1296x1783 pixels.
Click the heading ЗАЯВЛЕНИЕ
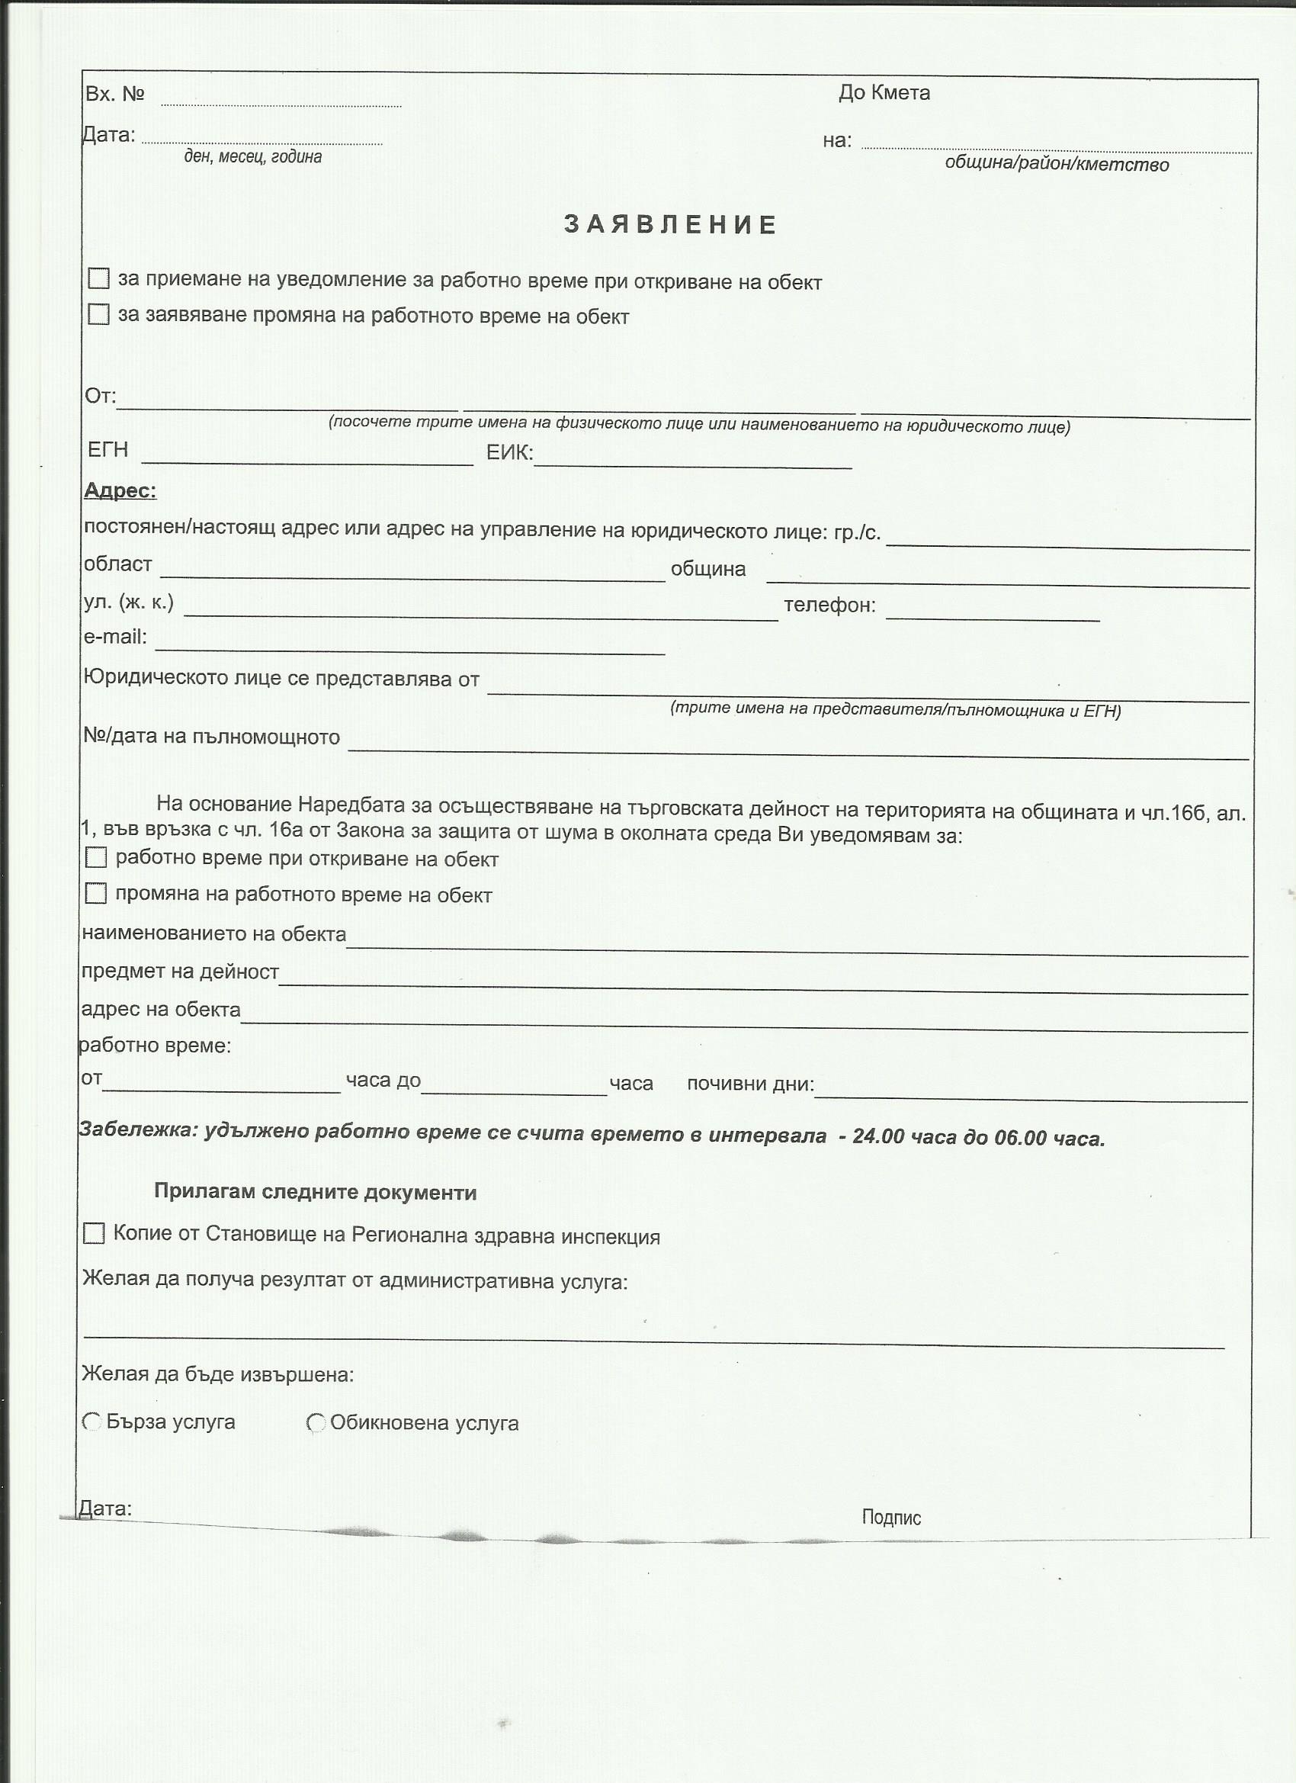[x=670, y=225]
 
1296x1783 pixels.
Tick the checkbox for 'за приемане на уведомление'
[x=98, y=278]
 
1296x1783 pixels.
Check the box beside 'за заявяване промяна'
[x=98, y=314]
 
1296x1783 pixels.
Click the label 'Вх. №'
[x=115, y=95]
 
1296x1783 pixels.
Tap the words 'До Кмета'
[x=884, y=93]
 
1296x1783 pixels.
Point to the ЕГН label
[x=107, y=450]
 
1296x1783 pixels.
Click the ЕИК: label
[x=509, y=453]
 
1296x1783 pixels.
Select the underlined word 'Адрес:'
[x=120, y=490]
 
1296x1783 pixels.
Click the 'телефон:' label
[x=829, y=606]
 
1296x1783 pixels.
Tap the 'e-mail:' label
[x=116, y=637]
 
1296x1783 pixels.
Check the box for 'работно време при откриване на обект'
[x=96, y=858]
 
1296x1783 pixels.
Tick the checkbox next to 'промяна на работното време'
[x=96, y=894]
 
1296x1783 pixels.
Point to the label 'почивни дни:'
[x=751, y=1084]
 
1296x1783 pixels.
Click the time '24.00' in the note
[x=878, y=1137]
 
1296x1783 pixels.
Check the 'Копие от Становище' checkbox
[x=94, y=1233]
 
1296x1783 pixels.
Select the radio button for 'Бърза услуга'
[x=92, y=1422]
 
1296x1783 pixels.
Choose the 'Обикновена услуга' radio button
[x=316, y=1423]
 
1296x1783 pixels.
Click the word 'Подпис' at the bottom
[x=891, y=1518]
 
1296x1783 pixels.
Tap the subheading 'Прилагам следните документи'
[x=315, y=1193]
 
